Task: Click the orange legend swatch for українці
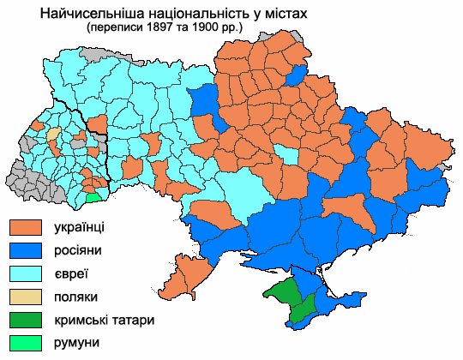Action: [x=27, y=228]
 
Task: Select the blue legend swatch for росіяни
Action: [x=27, y=251]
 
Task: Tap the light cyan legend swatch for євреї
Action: [x=27, y=274]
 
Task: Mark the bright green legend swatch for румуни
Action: [x=27, y=343]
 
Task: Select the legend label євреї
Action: [x=70, y=274]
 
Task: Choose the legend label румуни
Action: [x=76, y=343]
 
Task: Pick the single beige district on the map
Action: [x=53, y=135]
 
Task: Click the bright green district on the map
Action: [x=93, y=197]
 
